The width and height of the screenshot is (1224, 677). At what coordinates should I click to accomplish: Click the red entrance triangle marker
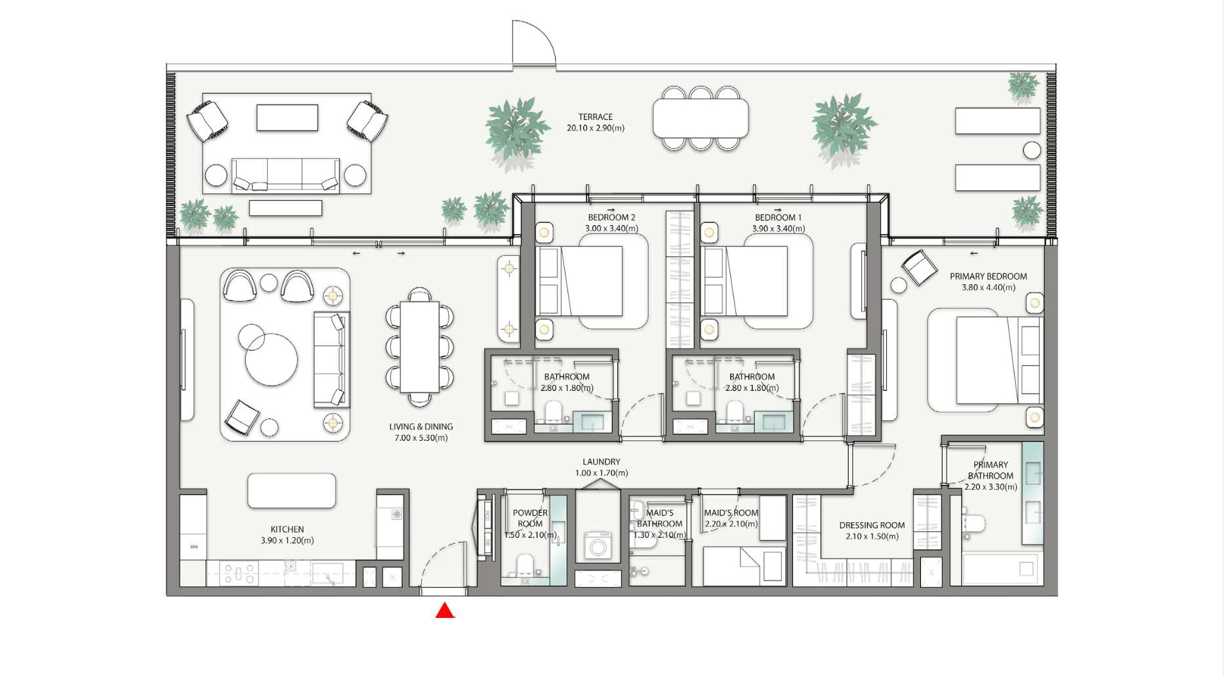point(445,611)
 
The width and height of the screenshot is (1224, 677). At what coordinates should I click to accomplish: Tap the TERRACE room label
point(596,117)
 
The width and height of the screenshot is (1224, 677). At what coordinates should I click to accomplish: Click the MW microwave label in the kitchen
point(194,546)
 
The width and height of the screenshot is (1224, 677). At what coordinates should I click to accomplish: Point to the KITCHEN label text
point(287,529)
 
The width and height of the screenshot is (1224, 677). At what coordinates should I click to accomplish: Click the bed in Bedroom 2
point(579,281)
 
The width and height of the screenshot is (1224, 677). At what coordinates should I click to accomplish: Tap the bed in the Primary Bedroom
point(998,359)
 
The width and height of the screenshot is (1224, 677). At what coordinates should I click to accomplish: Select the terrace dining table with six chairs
point(701,118)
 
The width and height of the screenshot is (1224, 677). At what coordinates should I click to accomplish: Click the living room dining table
point(420,346)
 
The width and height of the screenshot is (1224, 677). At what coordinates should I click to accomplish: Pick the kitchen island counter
point(292,491)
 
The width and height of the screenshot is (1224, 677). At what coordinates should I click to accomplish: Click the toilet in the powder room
point(525,566)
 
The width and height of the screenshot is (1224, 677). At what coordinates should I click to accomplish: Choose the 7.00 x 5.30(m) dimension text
point(421,438)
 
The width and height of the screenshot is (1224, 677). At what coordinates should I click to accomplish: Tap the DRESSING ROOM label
point(872,525)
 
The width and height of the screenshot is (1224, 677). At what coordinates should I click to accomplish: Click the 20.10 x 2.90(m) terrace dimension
point(596,128)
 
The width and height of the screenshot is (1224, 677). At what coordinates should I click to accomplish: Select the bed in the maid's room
point(744,566)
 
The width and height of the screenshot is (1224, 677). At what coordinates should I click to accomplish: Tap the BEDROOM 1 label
point(778,217)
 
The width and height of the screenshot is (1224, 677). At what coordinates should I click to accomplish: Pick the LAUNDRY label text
point(602,462)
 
